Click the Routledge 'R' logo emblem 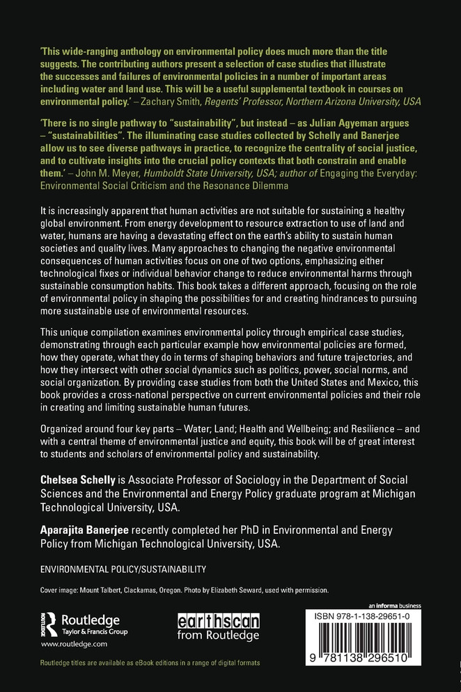49,624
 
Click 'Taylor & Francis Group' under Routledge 95,631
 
